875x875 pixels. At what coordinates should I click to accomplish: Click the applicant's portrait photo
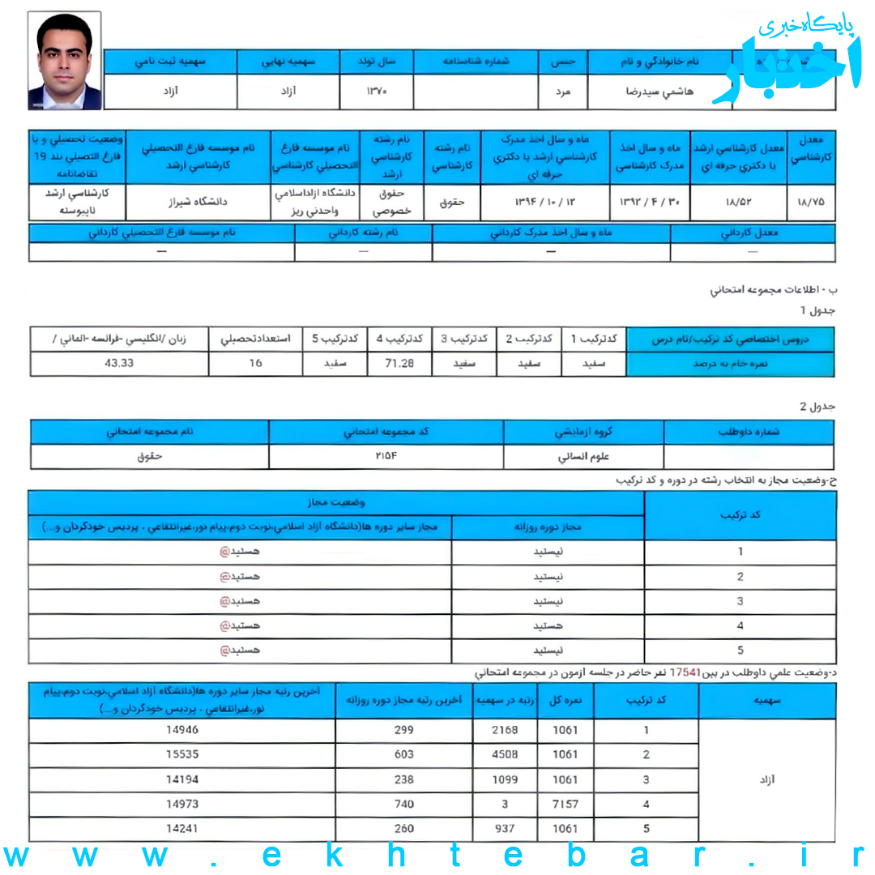pyautogui.click(x=65, y=62)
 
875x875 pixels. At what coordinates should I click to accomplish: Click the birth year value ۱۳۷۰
pyautogui.click(x=377, y=92)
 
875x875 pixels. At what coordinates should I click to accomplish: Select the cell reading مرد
pyautogui.click(x=561, y=92)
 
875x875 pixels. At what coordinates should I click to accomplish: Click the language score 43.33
pyautogui.click(x=119, y=364)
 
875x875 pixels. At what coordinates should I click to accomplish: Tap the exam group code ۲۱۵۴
pyautogui.click(x=386, y=456)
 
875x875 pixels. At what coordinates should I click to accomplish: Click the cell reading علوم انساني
pyautogui.click(x=583, y=457)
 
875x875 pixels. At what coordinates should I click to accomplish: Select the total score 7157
pyautogui.click(x=565, y=805)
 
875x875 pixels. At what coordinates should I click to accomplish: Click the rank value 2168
pyautogui.click(x=505, y=730)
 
